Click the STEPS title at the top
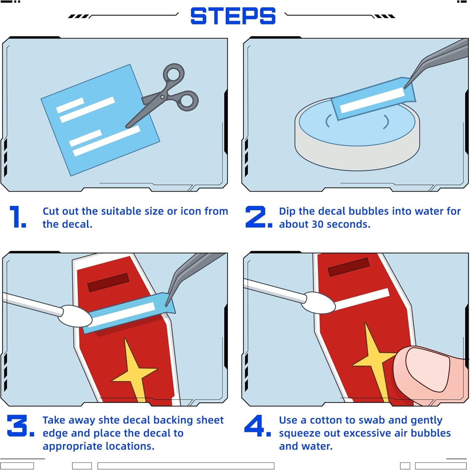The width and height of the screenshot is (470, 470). coord(233,16)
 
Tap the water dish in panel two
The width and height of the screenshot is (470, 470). coord(357,135)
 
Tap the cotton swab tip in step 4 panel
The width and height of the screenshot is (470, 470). coord(318,302)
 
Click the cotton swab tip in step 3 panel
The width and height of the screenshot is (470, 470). coord(75,316)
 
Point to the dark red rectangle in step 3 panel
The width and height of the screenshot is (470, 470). coord(108,282)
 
